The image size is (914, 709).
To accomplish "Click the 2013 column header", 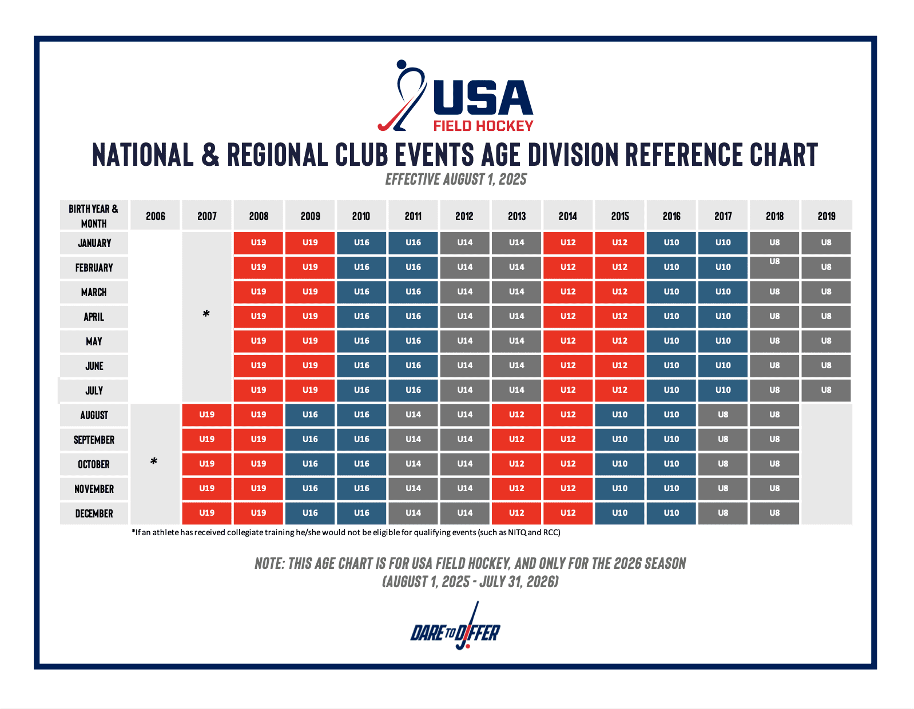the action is [516, 216].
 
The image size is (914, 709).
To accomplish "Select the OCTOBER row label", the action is [94, 464].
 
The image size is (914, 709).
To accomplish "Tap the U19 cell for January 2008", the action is [259, 242].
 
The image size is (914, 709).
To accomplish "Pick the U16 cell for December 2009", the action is [310, 513].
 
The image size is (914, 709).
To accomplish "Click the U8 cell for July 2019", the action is [826, 390].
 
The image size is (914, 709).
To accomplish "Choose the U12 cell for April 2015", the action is [619, 316].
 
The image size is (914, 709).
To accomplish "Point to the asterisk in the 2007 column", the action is [206, 313].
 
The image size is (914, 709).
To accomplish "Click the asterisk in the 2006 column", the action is [154, 461].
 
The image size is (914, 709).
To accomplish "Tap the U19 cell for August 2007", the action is [206, 415].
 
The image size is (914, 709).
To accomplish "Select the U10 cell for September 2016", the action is [671, 439].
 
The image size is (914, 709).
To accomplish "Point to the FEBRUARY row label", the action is [94, 267].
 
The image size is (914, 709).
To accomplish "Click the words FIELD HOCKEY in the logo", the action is [483, 126].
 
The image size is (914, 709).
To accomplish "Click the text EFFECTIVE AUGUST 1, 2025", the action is [456, 180].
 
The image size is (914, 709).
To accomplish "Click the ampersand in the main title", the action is [210, 154].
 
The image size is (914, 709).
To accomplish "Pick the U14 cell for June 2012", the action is [465, 365].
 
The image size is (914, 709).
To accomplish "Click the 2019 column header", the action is [826, 216].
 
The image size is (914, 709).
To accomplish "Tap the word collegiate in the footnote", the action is [248, 532].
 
